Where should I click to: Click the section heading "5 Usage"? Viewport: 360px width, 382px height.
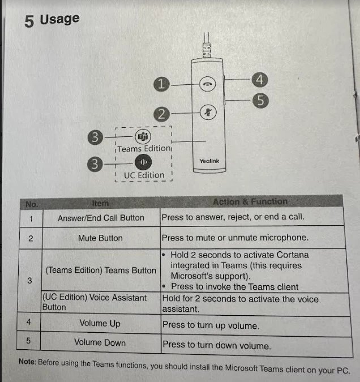tap(52, 20)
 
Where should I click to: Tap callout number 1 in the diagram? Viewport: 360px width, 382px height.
tap(162, 84)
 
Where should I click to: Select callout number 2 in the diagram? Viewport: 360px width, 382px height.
tap(163, 114)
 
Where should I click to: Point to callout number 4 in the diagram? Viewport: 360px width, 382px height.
tap(258, 80)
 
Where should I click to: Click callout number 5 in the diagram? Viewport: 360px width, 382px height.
tap(260, 100)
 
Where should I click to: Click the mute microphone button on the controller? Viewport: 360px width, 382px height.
tap(208, 112)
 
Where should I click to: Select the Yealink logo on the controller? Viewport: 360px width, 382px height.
tap(209, 161)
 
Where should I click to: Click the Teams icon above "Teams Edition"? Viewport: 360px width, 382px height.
tap(143, 136)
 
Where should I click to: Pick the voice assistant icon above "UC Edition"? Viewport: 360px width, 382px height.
tap(143, 163)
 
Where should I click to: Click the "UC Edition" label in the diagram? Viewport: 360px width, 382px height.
tap(144, 175)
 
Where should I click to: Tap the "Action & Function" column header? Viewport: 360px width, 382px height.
tap(250, 201)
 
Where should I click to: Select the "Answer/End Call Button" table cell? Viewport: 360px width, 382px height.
tap(101, 217)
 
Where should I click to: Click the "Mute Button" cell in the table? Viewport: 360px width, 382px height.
tap(100, 238)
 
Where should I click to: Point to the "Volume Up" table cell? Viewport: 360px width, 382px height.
tap(100, 324)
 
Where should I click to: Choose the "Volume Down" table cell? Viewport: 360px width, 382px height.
tap(100, 342)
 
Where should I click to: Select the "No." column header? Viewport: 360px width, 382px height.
tap(31, 202)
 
